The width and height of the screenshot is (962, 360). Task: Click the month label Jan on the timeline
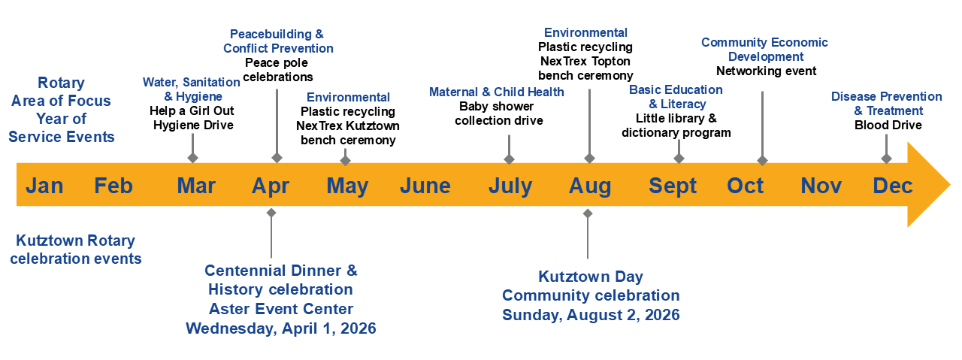[x=44, y=186]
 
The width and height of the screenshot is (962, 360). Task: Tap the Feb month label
[x=113, y=186]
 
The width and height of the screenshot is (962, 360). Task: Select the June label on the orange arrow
[x=425, y=186]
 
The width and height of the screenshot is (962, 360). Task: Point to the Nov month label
[x=821, y=186]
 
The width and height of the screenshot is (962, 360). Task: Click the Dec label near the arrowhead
[x=892, y=186]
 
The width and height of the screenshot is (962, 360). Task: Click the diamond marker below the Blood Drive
[x=886, y=159]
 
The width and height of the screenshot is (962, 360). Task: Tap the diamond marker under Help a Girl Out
[x=193, y=158]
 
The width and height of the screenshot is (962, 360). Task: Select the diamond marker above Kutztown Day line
[x=588, y=213]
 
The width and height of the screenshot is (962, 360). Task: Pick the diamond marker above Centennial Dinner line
[x=271, y=213]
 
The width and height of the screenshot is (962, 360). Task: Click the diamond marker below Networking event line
[x=762, y=161]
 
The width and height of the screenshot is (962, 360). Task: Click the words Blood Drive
[x=888, y=125]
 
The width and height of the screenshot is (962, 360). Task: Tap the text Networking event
[x=766, y=71]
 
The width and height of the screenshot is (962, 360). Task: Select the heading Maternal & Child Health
[x=497, y=92]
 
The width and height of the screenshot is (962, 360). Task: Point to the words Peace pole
[x=276, y=62]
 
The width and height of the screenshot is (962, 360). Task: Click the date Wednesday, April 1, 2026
[x=281, y=328]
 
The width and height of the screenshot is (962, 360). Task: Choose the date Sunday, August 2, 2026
[x=591, y=314]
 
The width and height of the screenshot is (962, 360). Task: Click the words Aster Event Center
[x=281, y=309]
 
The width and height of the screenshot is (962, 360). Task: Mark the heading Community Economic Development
[x=764, y=50]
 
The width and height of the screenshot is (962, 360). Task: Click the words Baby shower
[x=497, y=106]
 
